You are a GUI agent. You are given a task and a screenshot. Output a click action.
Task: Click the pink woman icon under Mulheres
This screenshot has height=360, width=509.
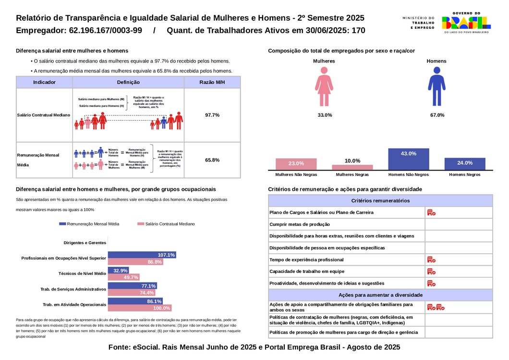tap(324, 87)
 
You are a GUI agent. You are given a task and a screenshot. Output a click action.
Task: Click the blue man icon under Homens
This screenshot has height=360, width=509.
tap(436, 87)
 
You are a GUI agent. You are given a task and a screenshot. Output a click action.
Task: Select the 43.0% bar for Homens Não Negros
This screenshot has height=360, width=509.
tap(408, 159)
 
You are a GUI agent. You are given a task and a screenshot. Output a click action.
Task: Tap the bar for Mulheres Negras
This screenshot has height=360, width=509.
tap(352, 167)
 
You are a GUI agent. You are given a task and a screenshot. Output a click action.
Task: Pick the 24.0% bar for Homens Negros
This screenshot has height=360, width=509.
tap(465, 163)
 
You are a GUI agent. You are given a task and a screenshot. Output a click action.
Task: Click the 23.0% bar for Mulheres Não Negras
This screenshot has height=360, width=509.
tap(296, 164)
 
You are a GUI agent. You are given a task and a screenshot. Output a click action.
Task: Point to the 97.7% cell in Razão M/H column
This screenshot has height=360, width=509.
tap(212, 115)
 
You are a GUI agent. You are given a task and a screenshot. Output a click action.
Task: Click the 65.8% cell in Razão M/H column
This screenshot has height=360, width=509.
tap(212, 160)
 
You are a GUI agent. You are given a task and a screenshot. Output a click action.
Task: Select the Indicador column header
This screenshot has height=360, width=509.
tap(44, 82)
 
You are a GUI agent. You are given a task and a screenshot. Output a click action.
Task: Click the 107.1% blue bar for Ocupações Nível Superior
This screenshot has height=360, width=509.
tap(142, 255)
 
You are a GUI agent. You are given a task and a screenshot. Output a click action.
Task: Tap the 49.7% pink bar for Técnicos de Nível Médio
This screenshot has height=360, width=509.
tap(123, 277)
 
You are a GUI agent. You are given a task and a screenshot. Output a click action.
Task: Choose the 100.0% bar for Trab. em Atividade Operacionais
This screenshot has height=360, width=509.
tap(139, 308)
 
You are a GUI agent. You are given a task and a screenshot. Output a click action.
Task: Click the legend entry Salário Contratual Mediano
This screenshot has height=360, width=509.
tap(166, 224)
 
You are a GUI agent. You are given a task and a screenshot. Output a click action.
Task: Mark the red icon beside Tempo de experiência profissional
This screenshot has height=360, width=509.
tap(431, 260)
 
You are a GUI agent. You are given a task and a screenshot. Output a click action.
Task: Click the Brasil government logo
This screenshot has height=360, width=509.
tap(466, 22)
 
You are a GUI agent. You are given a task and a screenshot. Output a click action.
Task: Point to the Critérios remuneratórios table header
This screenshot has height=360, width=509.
tap(380, 200)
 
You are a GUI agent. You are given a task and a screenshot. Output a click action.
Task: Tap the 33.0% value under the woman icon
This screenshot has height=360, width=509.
tap(325, 115)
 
